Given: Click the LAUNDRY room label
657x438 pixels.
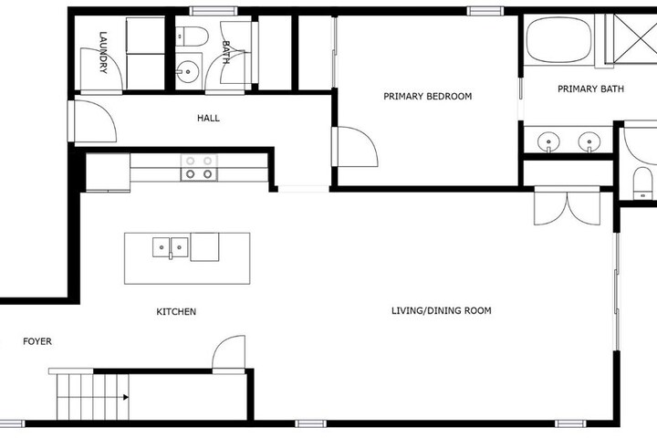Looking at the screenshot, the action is click(x=103, y=52).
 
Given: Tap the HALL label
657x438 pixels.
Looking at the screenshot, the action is click(x=208, y=119).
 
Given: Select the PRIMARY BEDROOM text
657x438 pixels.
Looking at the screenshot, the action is click(x=427, y=97).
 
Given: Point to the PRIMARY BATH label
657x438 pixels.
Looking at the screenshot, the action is click(x=590, y=89).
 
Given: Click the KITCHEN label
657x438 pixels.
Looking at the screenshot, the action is click(x=176, y=312).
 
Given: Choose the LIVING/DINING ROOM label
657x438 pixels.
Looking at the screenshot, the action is click(x=442, y=310).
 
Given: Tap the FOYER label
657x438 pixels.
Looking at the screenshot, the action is click(x=37, y=341).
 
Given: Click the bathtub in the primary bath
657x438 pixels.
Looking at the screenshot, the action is click(x=559, y=40).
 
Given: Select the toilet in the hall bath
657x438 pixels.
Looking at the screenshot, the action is click(x=192, y=36).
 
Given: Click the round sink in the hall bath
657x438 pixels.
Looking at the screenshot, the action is click(x=187, y=71).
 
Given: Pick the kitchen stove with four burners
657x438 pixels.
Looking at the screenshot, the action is click(x=199, y=168).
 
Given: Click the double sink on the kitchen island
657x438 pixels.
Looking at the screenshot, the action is click(x=170, y=247).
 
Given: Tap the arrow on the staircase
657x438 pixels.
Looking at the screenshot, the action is click(x=125, y=397).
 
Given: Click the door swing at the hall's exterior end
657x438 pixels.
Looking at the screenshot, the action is click(x=94, y=121).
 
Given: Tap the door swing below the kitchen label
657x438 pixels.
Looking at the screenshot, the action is click(x=229, y=352).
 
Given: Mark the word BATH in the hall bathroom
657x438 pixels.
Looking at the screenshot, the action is click(x=225, y=52).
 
